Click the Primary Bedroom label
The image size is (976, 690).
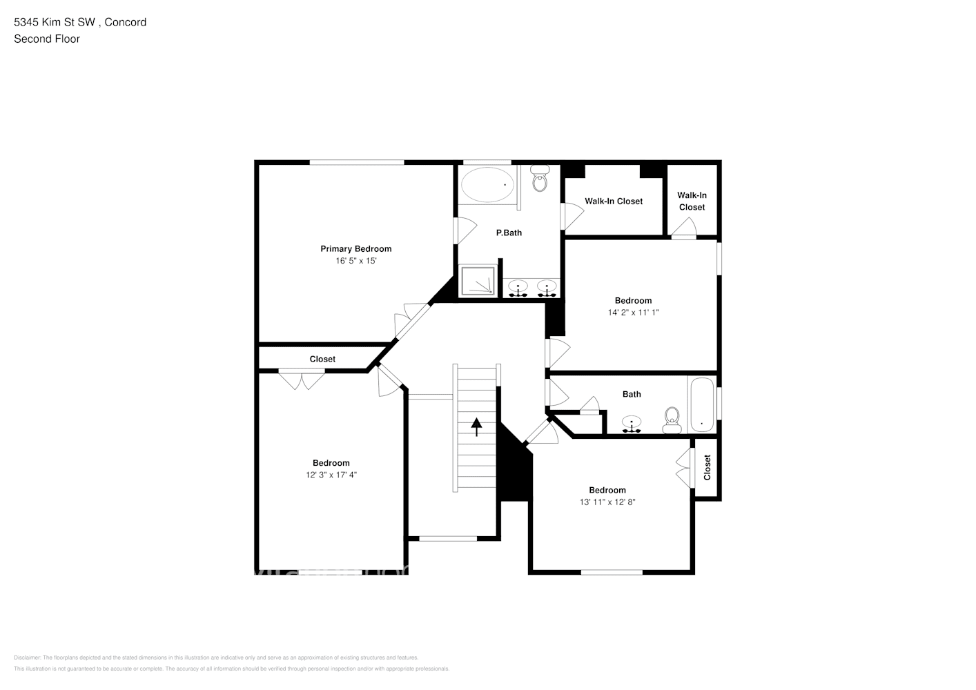point(355,248)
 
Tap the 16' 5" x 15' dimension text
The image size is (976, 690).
point(355,261)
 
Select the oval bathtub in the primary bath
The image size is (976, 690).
point(487,185)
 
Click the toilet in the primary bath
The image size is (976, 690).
point(540,180)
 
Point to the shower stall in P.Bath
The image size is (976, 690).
point(478,281)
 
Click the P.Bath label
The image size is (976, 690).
point(509,233)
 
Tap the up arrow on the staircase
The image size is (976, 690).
point(476,426)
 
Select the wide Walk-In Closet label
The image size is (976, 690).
point(614,201)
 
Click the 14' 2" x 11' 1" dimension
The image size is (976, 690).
point(633,313)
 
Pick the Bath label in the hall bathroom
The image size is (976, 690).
point(632,394)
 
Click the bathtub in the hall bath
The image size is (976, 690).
point(702,405)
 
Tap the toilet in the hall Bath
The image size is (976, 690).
point(672,419)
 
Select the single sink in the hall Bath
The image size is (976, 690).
point(632,424)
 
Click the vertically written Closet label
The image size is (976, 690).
point(707,467)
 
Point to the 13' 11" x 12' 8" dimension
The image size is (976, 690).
point(607,502)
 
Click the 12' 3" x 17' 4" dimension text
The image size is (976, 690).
point(331,475)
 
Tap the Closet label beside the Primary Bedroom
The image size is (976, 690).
point(322,359)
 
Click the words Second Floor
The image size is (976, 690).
point(47,39)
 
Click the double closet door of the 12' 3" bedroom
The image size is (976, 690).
point(302,379)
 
